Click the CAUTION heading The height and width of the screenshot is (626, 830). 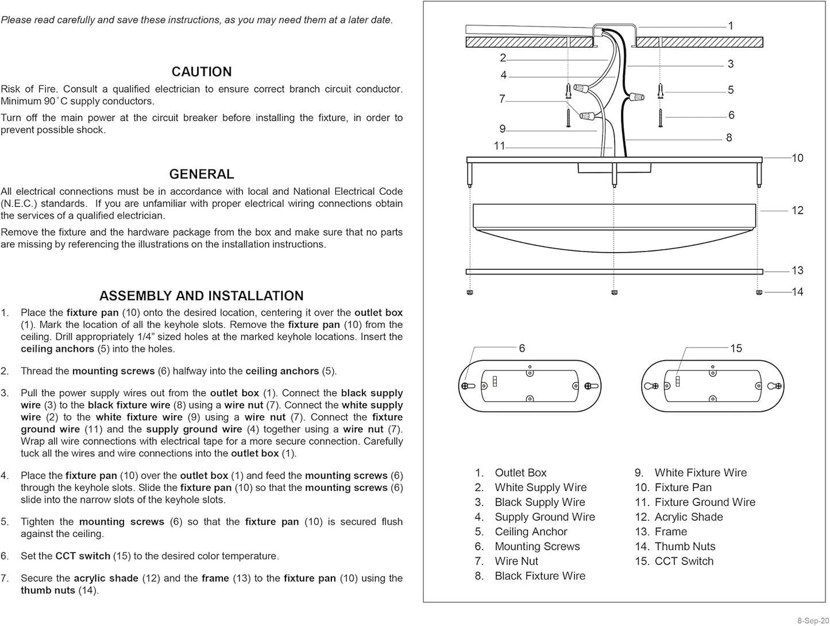pyautogui.click(x=202, y=72)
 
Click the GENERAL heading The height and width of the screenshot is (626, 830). pyautogui.click(x=202, y=174)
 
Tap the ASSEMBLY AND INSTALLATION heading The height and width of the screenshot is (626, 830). pyautogui.click(x=202, y=296)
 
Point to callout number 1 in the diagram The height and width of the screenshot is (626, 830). pyautogui.click(x=731, y=26)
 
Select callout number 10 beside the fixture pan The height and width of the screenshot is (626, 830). pyautogui.click(x=797, y=158)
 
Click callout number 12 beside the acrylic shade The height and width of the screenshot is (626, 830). pyautogui.click(x=797, y=210)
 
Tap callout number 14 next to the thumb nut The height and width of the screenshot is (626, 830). pyautogui.click(x=797, y=292)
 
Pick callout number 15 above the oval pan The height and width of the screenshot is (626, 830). pyautogui.click(x=736, y=348)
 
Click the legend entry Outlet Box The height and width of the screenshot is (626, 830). pyautogui.click(x=520, y=473)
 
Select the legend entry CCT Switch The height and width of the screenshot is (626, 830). pyautogui.click(x=684, y=561)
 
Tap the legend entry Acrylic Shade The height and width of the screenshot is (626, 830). pyautogui.click(x=688, y=517)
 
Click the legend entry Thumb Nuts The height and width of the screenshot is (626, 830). pyautogui.click(x=685, y=546)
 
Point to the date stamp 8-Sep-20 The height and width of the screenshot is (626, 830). pyautogui.click(x=812, y=621)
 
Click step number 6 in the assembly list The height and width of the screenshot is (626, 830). pyautogui.click(x=5, y=556)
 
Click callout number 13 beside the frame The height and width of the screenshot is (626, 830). pyautogui.click(x=797, y=271)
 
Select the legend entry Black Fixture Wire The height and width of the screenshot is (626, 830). pyautogui.click(x=539, y=575)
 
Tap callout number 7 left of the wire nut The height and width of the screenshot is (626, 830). pyautogui.click(x=502, y=99)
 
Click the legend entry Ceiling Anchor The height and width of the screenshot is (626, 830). pyautogui.click(x=531, y=532)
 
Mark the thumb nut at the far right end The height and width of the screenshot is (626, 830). pyautogui.click(x=760, y=292)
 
